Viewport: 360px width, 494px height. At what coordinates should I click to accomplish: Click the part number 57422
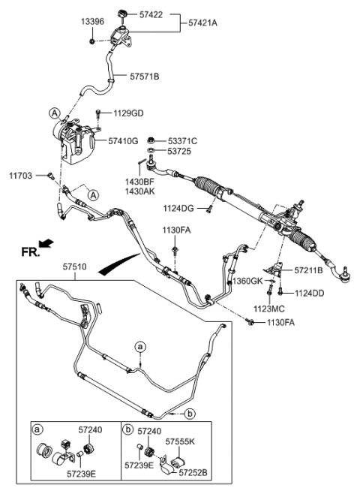point(150,14)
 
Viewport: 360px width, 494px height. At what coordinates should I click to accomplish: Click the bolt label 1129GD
point(129,113)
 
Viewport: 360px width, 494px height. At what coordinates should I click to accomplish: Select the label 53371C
point(181,140)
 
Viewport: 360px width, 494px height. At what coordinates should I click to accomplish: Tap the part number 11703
point(22,175)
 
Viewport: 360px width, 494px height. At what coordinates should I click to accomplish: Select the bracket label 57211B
point(308,269)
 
